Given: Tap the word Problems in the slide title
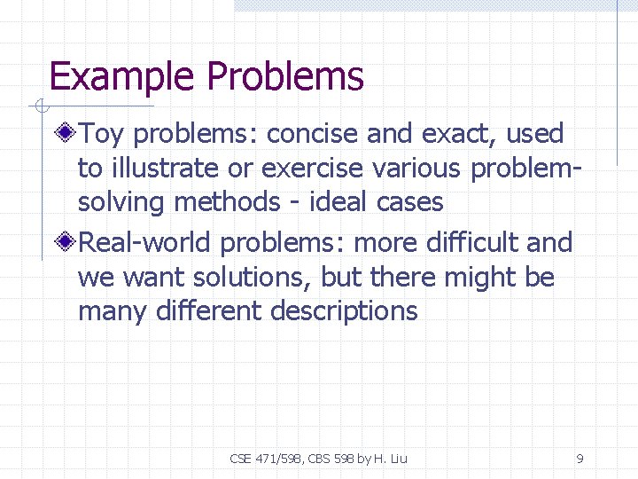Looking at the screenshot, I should coord(285,77).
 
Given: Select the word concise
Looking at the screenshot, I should coord(312,134).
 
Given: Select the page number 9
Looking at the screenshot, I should coord(580,459).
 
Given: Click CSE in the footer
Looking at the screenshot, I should coord(241,459).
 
